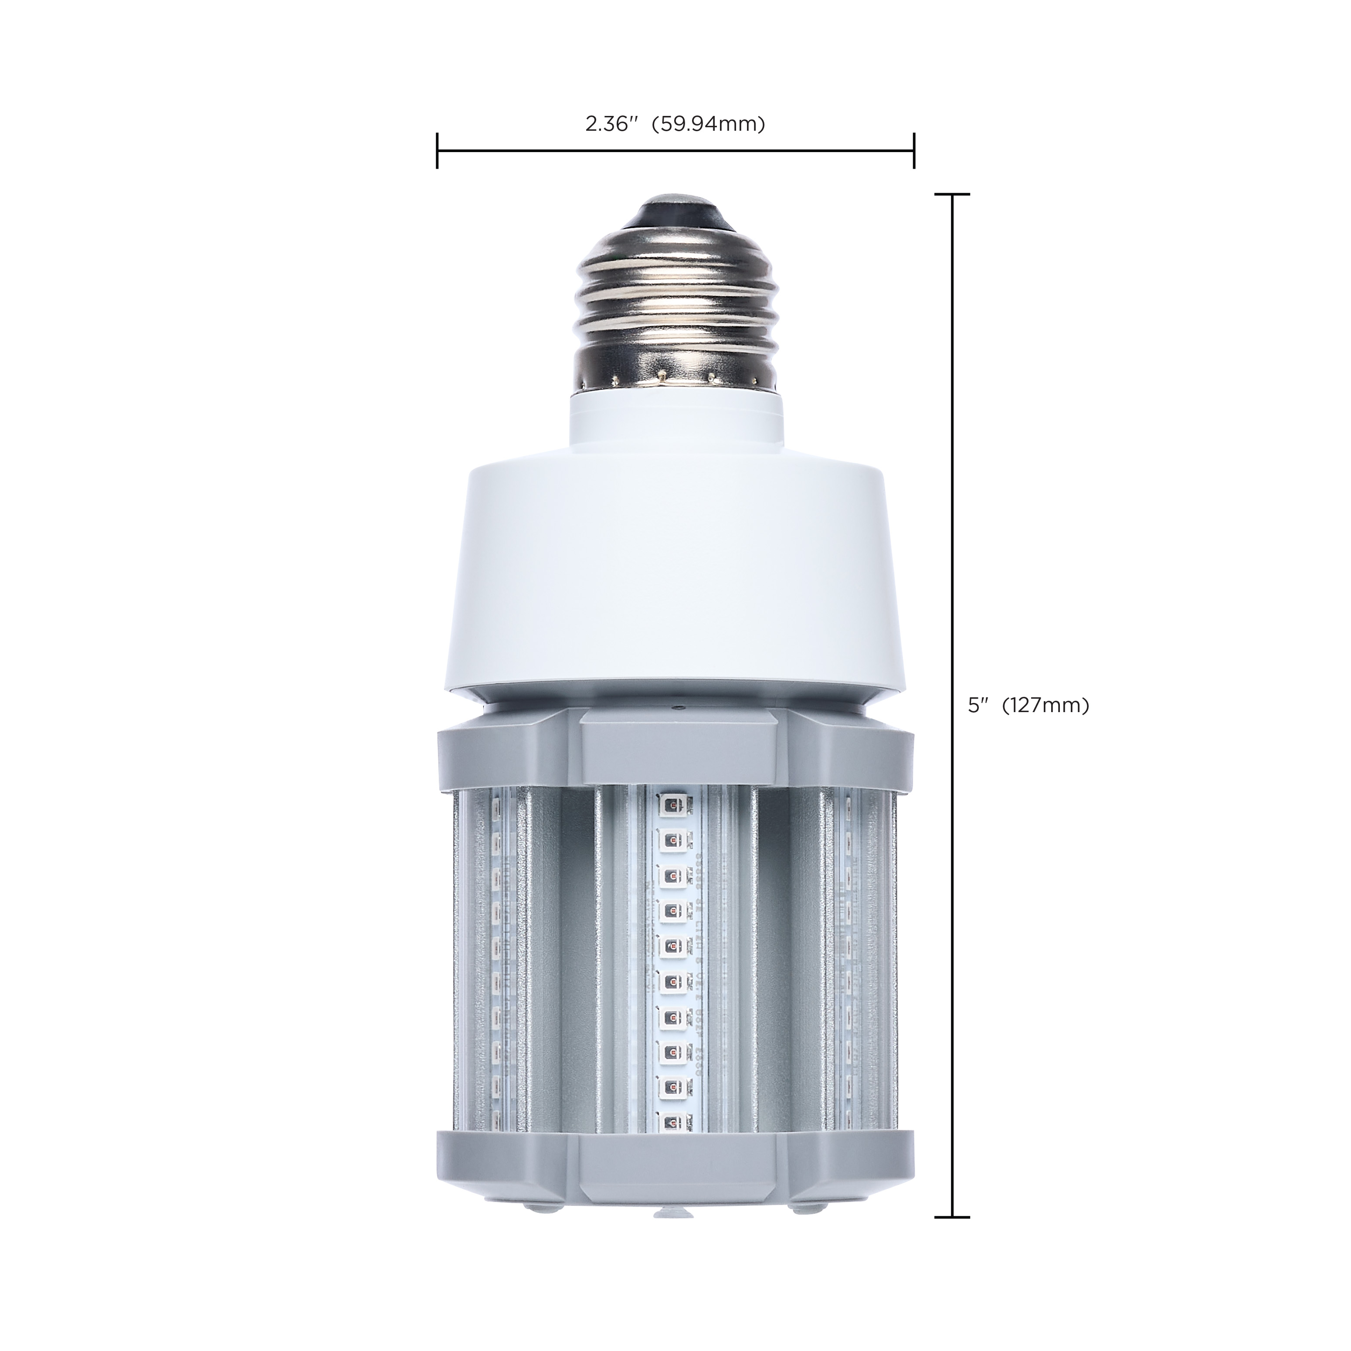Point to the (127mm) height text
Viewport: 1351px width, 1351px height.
(x=1046, y=706)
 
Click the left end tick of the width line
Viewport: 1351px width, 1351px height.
(x=437, y=150)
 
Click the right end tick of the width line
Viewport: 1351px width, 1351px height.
(x=913, y=150)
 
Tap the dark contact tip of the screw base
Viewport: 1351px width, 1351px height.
(x=675, y=208)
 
